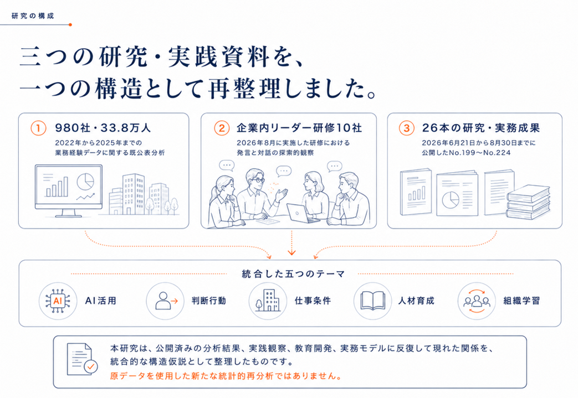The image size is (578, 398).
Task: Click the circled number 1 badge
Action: (x=38, y=128)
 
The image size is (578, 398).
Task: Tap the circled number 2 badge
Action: (x=222, y=128)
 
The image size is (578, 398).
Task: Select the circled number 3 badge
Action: (x=407, y=128)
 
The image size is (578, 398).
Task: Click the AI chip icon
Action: (x=58, y=301)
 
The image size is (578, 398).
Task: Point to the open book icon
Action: (x=372, y=301)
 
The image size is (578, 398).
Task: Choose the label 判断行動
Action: (x=208, y=301)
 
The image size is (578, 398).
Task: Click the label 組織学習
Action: (x=521, y=301)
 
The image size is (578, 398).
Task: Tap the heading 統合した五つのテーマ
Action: (x=293, y=274)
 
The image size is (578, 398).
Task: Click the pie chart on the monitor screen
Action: (x=85, y=182)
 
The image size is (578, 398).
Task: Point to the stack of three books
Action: (x=528, y=201)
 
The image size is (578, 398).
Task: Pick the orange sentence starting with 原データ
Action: (x=226, y=376)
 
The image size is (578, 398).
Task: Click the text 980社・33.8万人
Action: (x=103, y=128)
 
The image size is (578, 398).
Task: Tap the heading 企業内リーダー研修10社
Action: (x=299, y=128)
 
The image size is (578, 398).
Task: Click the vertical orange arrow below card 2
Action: (x=291, y=243)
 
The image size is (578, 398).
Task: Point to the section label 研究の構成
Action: (x=33, y=16)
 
